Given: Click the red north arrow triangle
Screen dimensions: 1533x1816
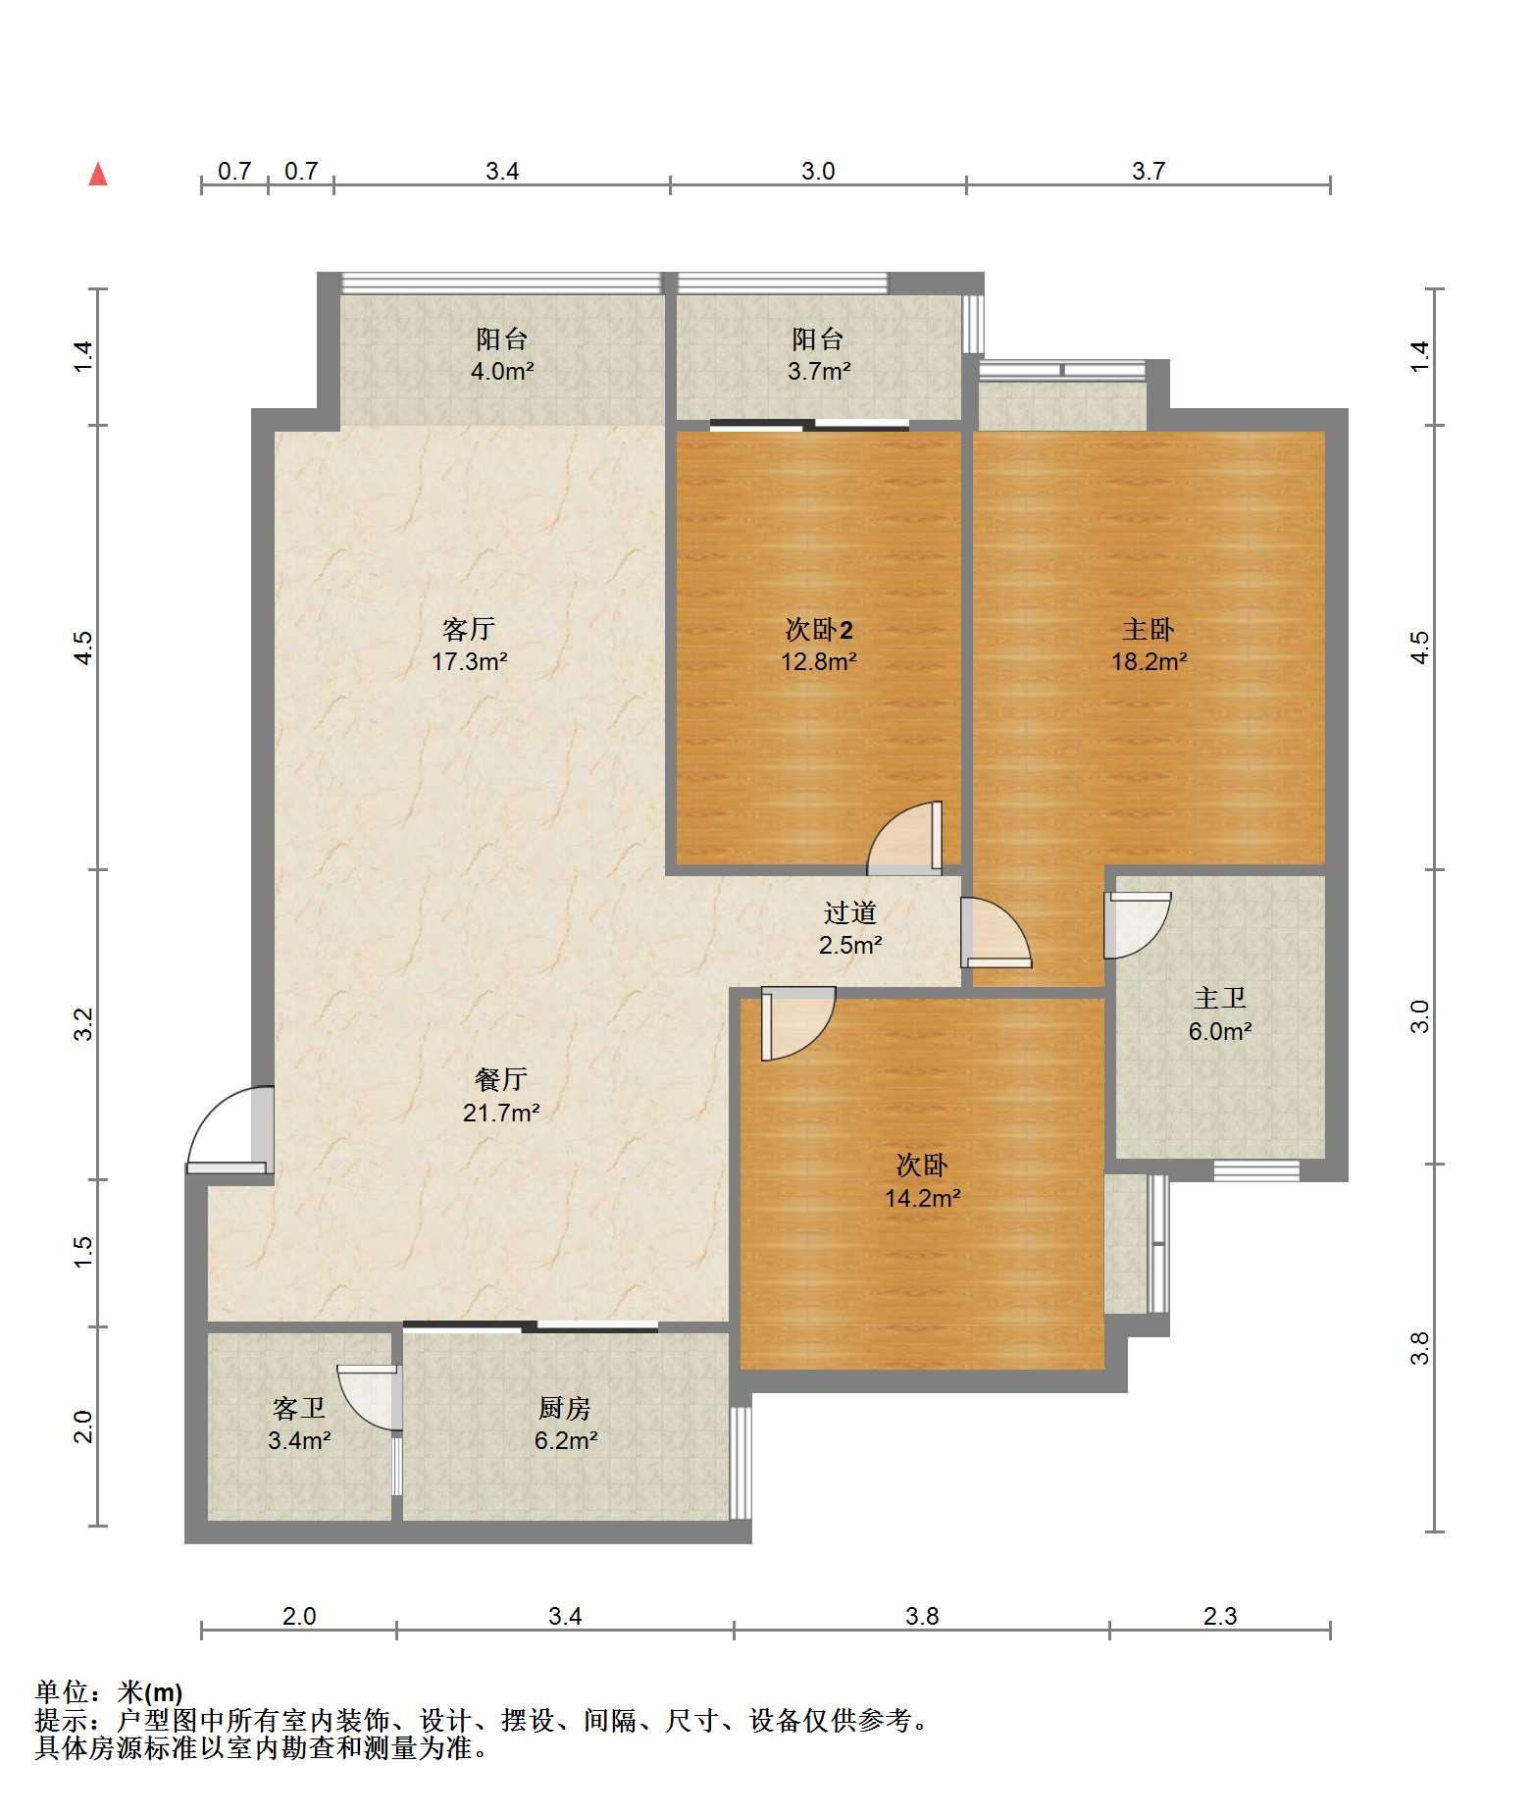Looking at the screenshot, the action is [x=98, y=175].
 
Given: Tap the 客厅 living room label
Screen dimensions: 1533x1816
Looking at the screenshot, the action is [x=469, y=629].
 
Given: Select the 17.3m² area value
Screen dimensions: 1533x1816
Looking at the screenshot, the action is [x=469, y=661].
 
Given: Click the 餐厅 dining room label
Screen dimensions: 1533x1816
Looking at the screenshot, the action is [x=501, y=1080].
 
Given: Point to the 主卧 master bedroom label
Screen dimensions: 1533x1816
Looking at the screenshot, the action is [x=1149, y=629].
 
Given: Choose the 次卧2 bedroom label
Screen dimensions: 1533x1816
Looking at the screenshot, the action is [x=819, y=629].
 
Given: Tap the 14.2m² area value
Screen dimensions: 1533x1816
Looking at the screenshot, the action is [x=923, y=1198].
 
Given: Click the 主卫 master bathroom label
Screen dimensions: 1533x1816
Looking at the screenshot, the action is [x=1220, y=999].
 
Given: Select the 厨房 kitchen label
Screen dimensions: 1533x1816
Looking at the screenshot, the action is [x=565, y=1409].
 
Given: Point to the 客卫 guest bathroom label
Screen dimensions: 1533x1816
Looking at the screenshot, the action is [x=299, y=1409].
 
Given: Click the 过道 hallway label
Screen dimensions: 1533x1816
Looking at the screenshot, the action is [x=849, y=913].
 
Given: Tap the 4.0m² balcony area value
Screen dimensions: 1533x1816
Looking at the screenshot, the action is [x=501, y=372].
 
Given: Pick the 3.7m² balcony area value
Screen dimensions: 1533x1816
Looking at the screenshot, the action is [x=818, y=372].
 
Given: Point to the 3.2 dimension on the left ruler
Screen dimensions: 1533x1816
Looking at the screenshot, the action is [x=84, y=1024].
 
